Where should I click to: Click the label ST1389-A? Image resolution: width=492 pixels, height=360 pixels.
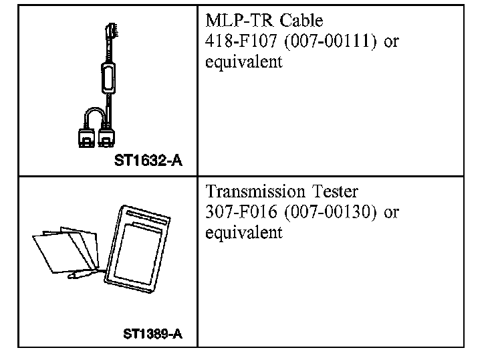(152, 333)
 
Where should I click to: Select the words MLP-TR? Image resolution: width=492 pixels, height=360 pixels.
(237, 22)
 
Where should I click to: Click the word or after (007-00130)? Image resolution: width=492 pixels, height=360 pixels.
(392, 213)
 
